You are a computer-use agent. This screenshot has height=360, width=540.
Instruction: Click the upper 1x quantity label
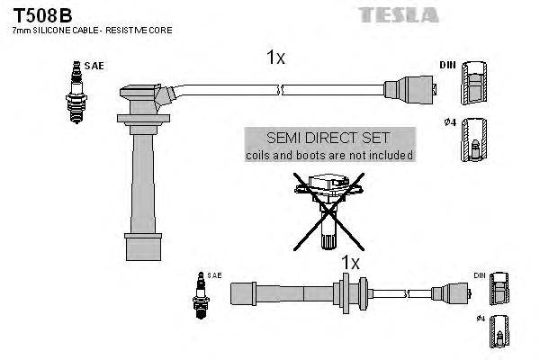275,58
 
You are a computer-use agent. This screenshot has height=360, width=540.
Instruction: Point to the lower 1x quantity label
349,263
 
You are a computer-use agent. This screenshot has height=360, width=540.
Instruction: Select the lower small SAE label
214,274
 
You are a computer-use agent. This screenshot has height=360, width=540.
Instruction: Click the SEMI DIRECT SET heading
328,138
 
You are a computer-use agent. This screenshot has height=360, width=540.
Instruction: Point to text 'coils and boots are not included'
328,155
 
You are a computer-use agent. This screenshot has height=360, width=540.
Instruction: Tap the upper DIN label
446,66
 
